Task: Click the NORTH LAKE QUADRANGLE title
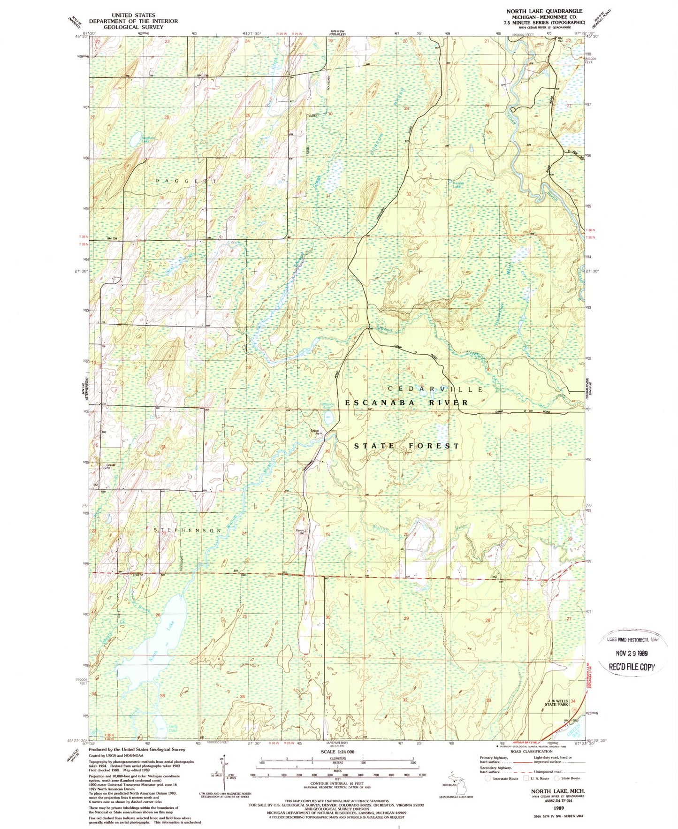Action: tap(544, 11)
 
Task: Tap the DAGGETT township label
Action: tap(186, 181)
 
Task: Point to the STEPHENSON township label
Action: tap(188, 530)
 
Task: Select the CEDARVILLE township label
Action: tap(435, 389)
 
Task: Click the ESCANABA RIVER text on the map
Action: tap(406, 403)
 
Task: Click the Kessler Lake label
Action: tap(457, 184)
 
